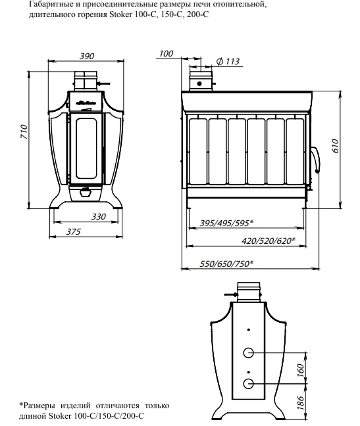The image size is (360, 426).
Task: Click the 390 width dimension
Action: pos(87,56)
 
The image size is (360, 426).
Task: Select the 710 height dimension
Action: pos(24,131)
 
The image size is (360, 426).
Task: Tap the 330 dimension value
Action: pos(99,216)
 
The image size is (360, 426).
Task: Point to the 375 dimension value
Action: pos(74,232)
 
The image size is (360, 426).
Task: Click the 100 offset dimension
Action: pos(166,53)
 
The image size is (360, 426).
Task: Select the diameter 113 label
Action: pos(228,61)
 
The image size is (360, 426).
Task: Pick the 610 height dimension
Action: pos(336,146)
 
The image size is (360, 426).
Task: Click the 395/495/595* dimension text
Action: pos(226,223)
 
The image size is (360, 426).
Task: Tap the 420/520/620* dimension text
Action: pos(269,241)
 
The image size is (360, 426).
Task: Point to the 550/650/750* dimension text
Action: pos(226,264)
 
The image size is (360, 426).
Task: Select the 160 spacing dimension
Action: pos(300,370)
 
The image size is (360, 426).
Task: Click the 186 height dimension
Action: pos(300,402)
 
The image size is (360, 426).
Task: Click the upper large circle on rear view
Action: pos(248,353)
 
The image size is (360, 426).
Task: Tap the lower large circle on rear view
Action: pos(248,384)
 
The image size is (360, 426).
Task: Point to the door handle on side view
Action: pos(316,160)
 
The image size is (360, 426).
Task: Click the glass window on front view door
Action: pos(86,149)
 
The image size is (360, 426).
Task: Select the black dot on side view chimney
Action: pos(199,83)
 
